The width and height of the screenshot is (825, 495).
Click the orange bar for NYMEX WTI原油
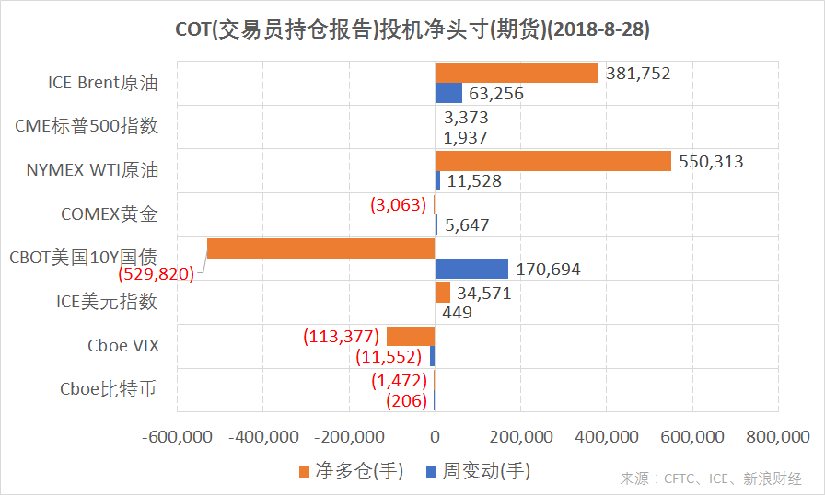coord(552,161)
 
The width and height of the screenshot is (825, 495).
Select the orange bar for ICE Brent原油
coord(517,74)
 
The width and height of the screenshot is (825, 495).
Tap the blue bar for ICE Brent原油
coord(448,93)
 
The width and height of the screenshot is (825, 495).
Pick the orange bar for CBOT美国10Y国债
coord(320,248)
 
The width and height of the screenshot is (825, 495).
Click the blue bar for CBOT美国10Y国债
coord(471,269)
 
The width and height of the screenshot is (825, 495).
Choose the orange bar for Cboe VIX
coord(411,337)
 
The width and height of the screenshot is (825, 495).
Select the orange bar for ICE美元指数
coord(443,293)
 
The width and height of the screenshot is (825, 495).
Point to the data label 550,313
coord(710,161)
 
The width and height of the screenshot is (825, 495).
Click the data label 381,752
coord(638,74)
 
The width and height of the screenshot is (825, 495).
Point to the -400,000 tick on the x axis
coord(262,436)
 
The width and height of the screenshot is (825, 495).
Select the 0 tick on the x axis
coord(435,436)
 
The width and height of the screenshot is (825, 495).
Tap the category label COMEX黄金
coord(110,215)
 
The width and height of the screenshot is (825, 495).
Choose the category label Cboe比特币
coord(108,389)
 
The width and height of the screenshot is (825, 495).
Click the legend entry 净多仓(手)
coord(351,471)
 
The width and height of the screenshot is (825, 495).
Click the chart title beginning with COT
coord(412,29)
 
